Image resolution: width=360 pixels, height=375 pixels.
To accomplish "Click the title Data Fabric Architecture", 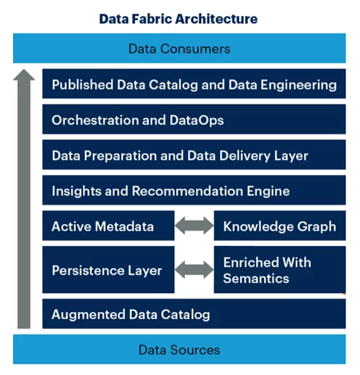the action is (x=179, y=19).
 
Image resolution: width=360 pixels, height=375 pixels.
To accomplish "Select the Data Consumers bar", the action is (x=179, y=48).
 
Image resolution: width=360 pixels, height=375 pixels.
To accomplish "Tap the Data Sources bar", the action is (x=179, y=349).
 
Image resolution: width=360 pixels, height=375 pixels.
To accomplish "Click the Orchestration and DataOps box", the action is (x=194, y=119).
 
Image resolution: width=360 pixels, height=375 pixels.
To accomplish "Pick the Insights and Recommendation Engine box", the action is (x=194, y=190).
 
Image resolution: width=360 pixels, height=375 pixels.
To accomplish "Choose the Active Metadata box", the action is (x=108, y=226).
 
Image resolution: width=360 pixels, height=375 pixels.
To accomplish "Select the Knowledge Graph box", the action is (x=279, y=226).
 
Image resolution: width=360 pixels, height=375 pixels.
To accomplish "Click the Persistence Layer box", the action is (x=108, y=270).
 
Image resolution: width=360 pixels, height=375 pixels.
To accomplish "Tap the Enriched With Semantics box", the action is (x=279, y=270).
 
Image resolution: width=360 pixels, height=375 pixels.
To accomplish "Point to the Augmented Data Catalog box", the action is (x=194, y=313).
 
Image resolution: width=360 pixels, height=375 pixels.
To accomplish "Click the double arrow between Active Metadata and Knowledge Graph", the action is (x=194, y=226).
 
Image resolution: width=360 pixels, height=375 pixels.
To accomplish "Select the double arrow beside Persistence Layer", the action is (x=194, y=270).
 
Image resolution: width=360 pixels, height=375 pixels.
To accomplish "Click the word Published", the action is (x=83, y=85).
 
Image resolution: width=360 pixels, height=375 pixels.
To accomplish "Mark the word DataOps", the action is (x=197, y=120).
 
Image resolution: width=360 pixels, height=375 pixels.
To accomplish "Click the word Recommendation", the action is (x=187, y=191).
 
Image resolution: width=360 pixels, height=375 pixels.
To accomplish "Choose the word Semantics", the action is (x=256, y=279).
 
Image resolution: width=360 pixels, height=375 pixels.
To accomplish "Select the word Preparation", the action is (x=120, y=156).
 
